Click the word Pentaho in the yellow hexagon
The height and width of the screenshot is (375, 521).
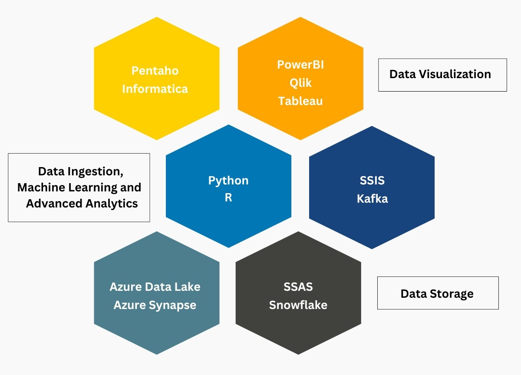155,70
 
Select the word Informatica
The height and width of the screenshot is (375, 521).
155,89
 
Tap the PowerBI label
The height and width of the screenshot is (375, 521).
300,65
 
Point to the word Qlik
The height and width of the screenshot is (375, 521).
300,82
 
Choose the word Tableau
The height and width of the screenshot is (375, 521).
300,101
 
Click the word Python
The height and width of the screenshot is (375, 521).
228,181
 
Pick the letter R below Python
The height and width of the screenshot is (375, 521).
228,198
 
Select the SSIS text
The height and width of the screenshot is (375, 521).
372,180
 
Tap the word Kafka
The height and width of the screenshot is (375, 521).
372,199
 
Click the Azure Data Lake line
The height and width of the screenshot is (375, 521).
155,287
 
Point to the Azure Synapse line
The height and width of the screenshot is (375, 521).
155,305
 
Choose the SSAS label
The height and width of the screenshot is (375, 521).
298,287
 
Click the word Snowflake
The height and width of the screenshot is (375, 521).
298,305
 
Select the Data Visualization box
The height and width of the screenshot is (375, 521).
442,75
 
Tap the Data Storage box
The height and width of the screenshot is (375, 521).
438,293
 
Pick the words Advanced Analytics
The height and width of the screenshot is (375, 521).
82,203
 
